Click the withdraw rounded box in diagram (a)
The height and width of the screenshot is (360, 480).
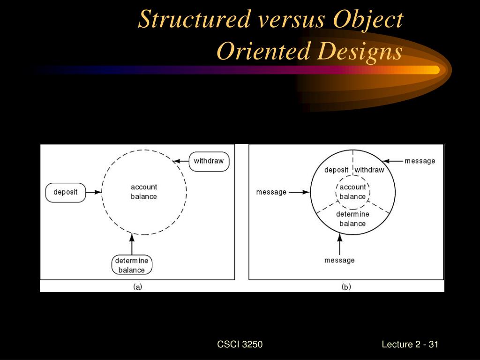209,161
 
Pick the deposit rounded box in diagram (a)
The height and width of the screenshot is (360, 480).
66,192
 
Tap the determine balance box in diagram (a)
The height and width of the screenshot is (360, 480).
132,265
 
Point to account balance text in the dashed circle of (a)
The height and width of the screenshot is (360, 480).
143,192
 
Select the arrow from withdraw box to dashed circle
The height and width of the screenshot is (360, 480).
181,161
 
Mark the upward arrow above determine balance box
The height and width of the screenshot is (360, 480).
132,244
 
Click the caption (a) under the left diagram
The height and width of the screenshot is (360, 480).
138,287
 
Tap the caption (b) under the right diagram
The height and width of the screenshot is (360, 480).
346,287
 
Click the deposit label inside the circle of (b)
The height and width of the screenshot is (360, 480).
336,170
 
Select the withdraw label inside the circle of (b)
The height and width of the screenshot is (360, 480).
369,170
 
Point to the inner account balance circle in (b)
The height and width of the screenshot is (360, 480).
352,192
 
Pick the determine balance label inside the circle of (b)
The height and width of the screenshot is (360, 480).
352,219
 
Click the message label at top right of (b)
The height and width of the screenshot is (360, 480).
420,161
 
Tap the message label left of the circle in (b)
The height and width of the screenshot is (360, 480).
271,192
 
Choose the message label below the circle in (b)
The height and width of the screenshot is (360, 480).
339,260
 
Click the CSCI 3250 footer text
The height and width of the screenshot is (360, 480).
240,345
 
